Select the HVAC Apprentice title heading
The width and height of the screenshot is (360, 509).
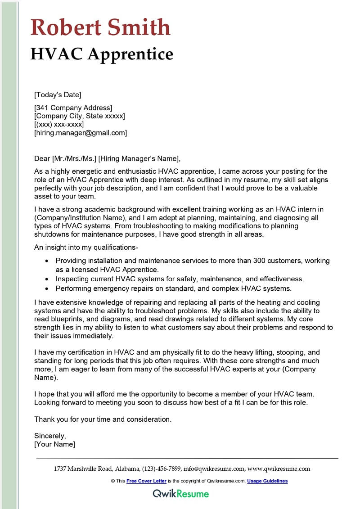[x=102, y=54]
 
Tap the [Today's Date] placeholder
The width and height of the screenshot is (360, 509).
[x=58, y=95]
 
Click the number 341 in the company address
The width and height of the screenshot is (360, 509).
[x=43, y=108]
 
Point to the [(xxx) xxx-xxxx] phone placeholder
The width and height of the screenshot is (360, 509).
[x=59, y=124]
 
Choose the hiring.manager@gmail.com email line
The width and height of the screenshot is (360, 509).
[x=81, y=133]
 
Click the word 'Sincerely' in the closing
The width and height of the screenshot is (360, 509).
[x=50, y=436]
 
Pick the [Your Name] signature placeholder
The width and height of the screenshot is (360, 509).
[x=54, y=444]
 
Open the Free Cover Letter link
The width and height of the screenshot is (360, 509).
[x=146, y=481]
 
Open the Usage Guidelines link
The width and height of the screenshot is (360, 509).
[x=267, y=481]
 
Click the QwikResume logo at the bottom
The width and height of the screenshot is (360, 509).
[x=181, y=494]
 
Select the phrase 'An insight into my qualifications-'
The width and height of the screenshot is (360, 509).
[x=85, y=247]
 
